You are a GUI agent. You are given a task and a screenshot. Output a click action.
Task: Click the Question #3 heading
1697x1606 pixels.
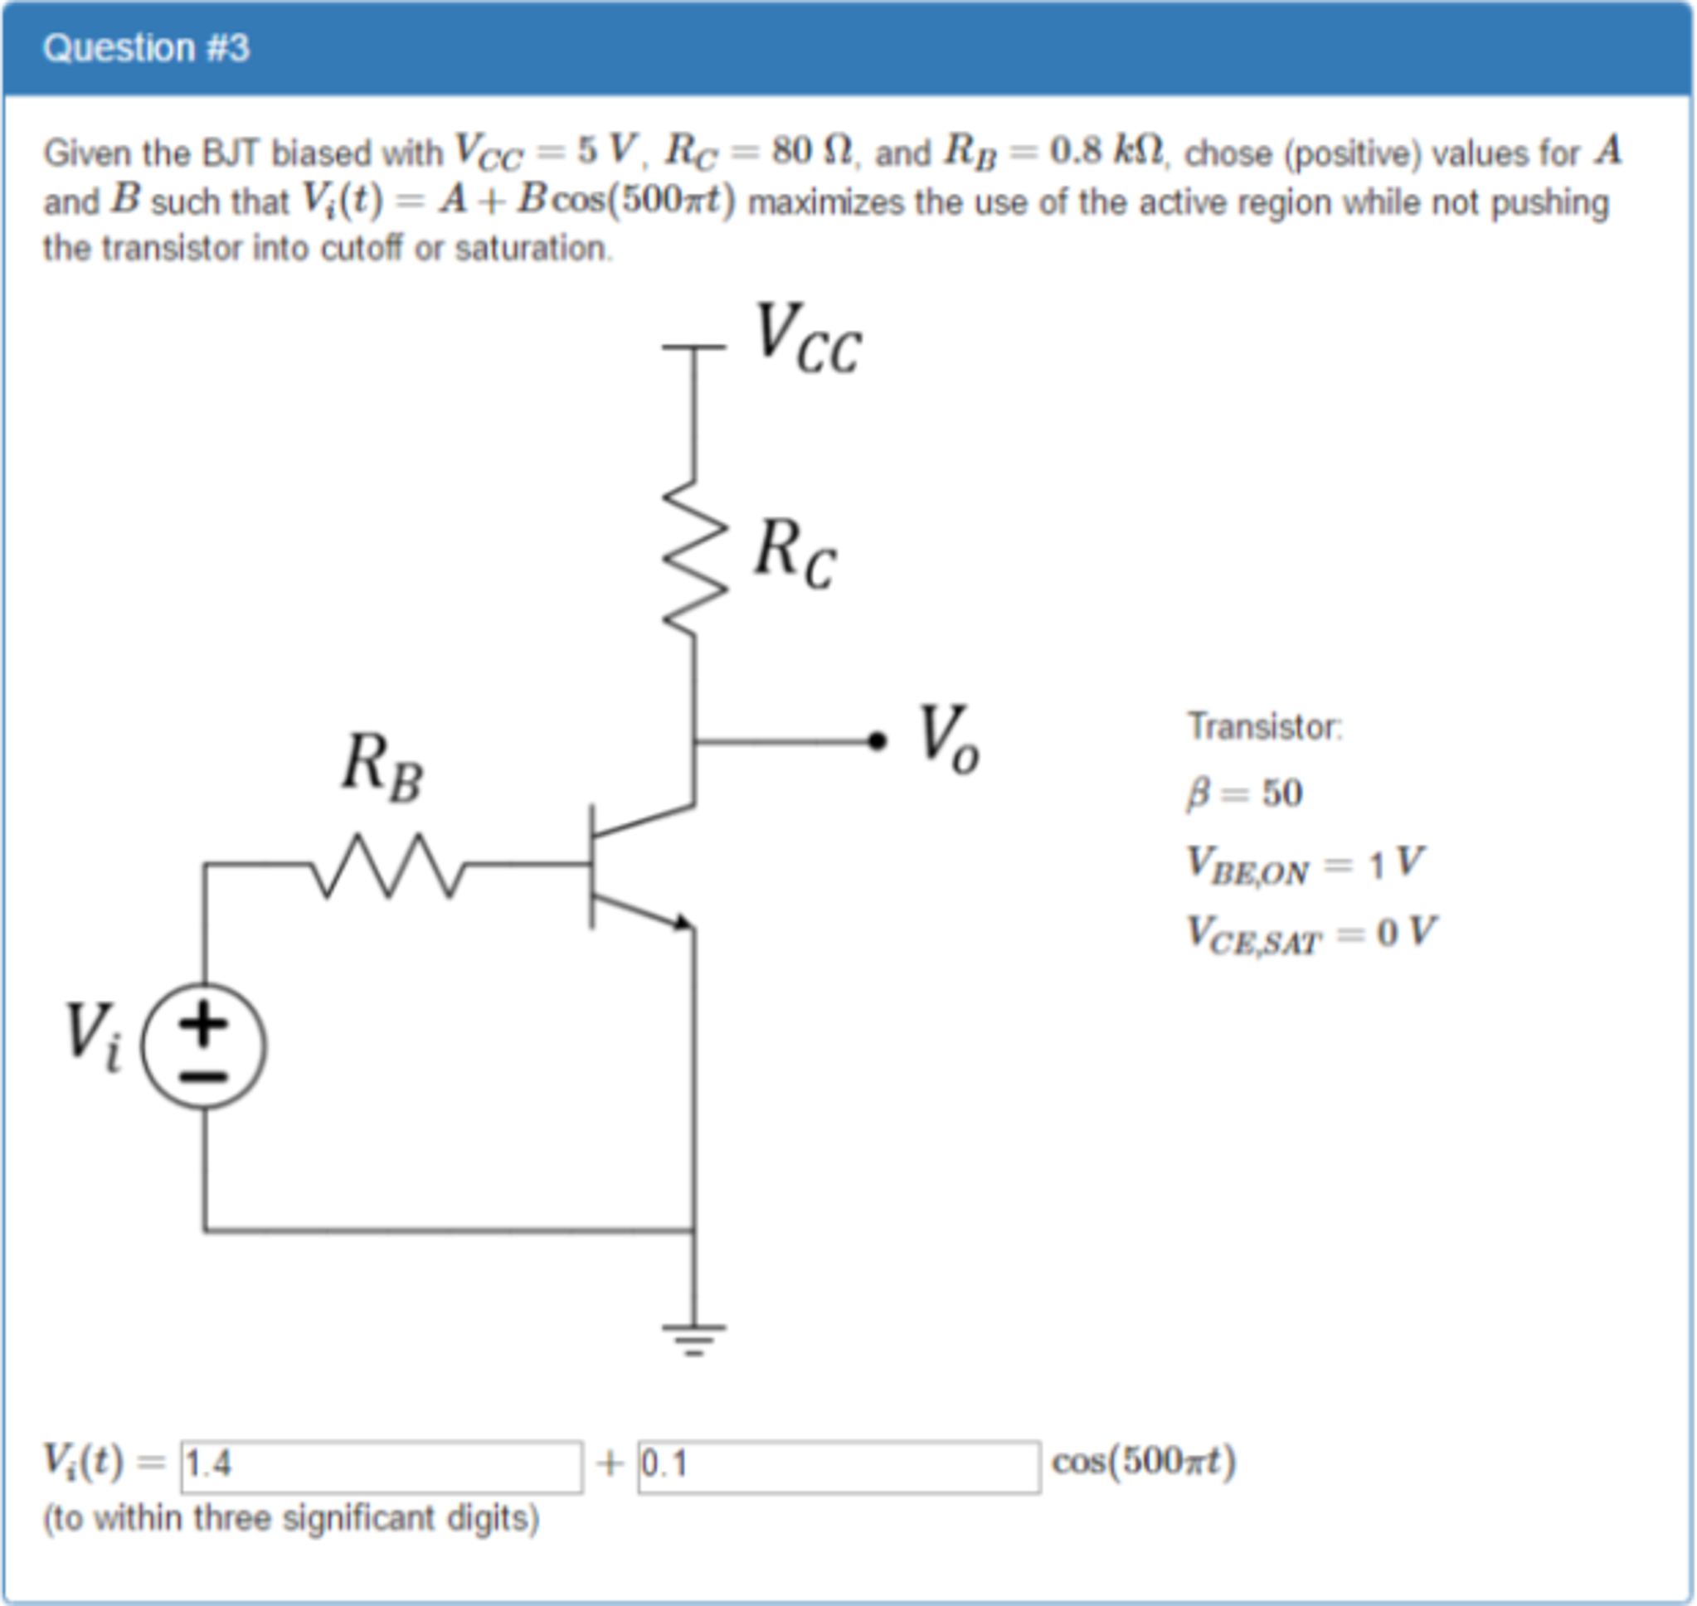(145, 48)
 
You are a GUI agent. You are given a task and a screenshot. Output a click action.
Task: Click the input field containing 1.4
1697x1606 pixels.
(381, 1467)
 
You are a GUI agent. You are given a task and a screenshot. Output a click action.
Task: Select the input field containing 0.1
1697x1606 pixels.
(839, 1467)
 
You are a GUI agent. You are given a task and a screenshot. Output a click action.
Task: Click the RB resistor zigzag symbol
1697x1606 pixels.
(389, 866)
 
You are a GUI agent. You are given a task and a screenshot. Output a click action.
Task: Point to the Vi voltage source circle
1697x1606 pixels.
(204, 1046)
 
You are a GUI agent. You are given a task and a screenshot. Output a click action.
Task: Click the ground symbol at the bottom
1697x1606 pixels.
(694, 1340)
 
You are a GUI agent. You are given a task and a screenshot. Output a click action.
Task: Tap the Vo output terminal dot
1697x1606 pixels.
(877, 741)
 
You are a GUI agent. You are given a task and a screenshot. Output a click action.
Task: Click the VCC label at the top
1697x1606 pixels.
(807, 340)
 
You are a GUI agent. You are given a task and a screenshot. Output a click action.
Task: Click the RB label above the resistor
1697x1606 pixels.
(382, 768)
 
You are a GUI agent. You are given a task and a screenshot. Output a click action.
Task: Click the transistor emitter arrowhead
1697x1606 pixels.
(683, 922)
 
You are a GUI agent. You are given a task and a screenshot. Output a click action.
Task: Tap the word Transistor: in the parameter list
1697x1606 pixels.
(1265, 727)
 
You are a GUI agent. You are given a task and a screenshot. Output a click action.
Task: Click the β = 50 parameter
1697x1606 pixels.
(1244, 793)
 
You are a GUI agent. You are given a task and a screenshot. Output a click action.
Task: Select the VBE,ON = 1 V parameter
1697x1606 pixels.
(1304, 864)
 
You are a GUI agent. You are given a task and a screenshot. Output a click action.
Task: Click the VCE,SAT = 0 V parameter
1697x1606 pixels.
(1310, 933)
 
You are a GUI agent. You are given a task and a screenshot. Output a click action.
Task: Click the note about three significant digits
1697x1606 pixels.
(291, 1519)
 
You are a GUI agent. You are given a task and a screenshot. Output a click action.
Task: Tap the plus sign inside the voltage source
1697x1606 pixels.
(203, 1023)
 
